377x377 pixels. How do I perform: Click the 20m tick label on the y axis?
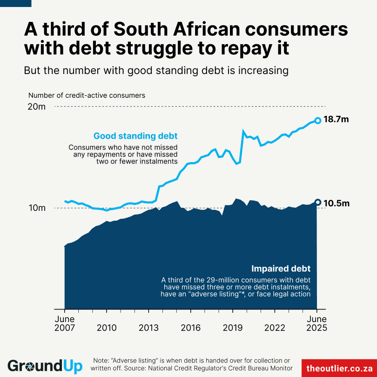[x=36, y=107]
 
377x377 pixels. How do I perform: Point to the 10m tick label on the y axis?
[x=36, y=208]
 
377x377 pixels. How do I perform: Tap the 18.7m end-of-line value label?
[x=336, y=120]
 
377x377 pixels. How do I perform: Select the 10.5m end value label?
[x=336, y=203]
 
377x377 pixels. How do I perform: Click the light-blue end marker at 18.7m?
[x=318, y=121]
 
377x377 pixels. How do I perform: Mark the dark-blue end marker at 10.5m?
[x=318, y=202]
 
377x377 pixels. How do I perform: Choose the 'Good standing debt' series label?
[x=135, y=136]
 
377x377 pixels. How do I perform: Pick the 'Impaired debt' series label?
[x=281, y=269]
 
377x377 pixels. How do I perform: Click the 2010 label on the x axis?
[x=106, y=328]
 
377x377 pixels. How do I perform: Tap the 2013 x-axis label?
[x=148, y=328]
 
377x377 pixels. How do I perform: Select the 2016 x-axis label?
[x=190, y=328]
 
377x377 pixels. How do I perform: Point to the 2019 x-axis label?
[x=233, y=328]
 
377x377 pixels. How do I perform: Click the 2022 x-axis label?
[x=275, y=328]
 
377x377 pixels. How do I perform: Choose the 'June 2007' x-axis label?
[x=65, y=323]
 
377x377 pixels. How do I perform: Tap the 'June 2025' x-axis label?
[x=317, y=323]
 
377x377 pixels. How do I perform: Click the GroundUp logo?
[x=45, y=366]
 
